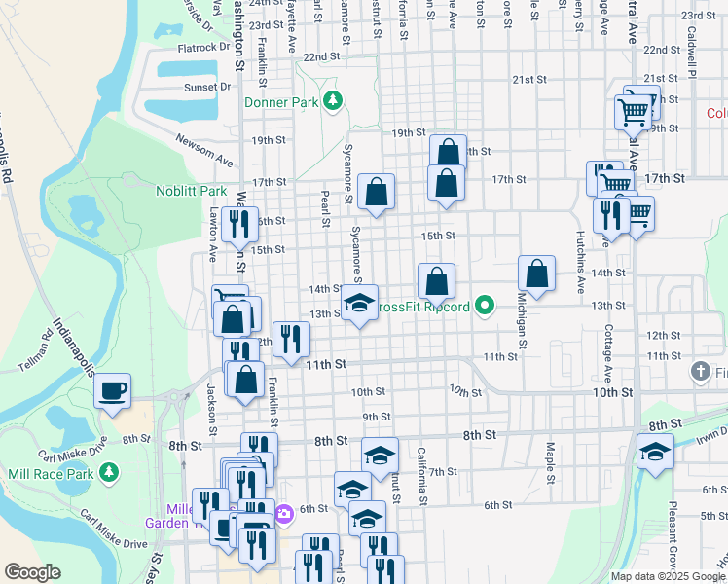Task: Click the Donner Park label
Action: click(282, 100)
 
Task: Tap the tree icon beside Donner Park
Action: click(334, 100)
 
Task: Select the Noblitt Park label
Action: click(191, 191)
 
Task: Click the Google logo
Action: click(32, 572)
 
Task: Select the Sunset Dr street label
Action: click(207, 87)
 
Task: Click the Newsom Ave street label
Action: click(204, 148)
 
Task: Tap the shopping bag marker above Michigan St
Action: click(536, 274)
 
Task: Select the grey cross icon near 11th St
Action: click(699, 371)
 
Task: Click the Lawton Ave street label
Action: click(212, 243)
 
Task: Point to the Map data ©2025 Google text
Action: click(669, 575)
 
